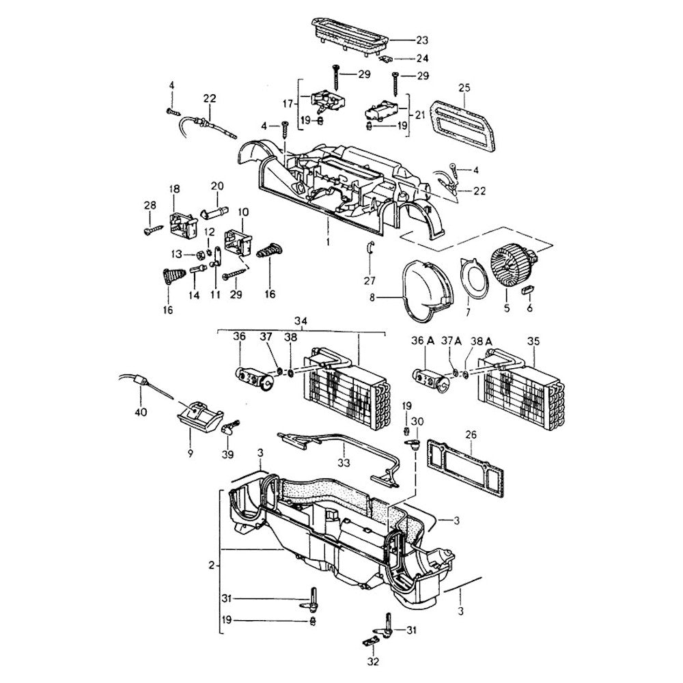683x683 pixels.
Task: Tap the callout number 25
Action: (x=464, y=88)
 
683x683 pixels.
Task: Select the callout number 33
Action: (x=343, y=462)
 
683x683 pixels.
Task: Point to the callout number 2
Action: (x=212, y=566)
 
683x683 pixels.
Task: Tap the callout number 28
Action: (x=150, y=206)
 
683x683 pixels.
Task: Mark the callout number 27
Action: (x=369, y=281)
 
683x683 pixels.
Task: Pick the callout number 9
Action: (x=191, y=453)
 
